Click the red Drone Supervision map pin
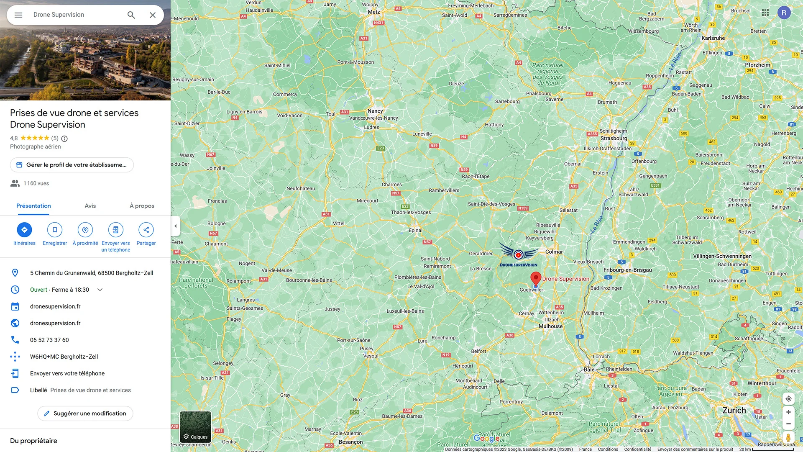tap(536, 279)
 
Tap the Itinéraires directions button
tap(24, 230)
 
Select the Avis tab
tap(90, 206)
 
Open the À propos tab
tap(142, 206)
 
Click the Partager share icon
tap(146, 230)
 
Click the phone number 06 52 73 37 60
tap(49, 340)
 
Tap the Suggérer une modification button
tap(85, 413)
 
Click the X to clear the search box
tap(153, 15)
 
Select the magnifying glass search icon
tap(131, 15)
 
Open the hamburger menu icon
tap(18, 15)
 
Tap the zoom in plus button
tap(788, 412)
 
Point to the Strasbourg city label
tap(614, 139)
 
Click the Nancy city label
tap(375, 111)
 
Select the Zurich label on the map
tap(734, 411)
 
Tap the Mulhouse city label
tap(550, 326)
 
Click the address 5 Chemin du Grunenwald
tap(92, 273)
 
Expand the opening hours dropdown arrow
tap(100, 290)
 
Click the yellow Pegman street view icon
tap(788, 437)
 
